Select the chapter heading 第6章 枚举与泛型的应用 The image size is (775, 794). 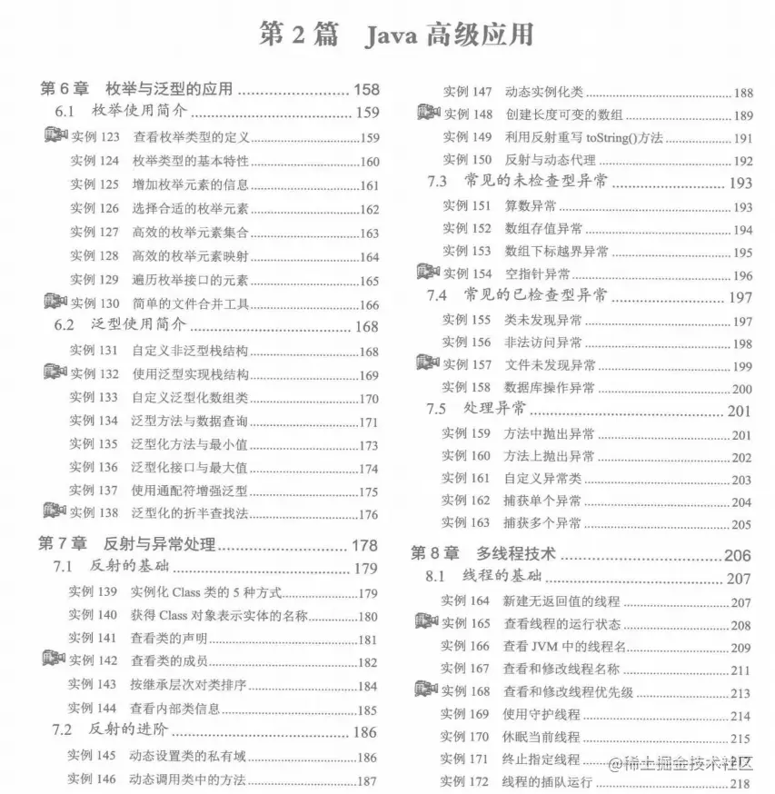[137, 89]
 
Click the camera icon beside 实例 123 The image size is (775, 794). [55, 136]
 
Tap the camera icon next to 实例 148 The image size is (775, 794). [428, 114]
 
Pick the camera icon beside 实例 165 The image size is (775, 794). [426, 622]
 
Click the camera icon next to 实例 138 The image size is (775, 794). [55, 512]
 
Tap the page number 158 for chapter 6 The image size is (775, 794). [366, 89]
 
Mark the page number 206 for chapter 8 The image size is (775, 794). [737, 554]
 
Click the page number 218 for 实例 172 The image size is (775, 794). [740, 783]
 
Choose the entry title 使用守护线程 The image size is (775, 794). [542, 715]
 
